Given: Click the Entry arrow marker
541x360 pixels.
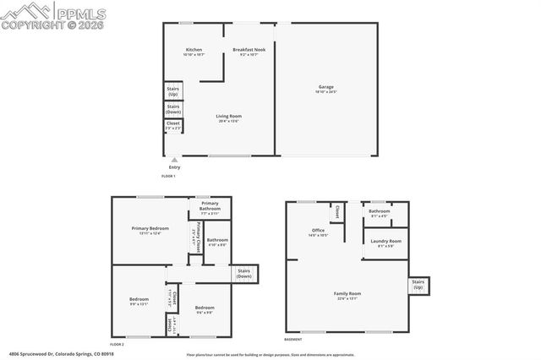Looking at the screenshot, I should [x=174, y=160].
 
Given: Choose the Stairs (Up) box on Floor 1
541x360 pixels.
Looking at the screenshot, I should [x=172, y=91].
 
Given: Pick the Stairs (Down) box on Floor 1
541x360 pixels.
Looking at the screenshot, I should [x=172, y=109].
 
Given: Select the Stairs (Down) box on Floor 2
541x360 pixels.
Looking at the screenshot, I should [x=244, y=274].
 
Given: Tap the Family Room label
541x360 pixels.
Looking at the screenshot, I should [x=347, y=295].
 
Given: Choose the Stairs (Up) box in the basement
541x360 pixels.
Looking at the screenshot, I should [x=418, y=285].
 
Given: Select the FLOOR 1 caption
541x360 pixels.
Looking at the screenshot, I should [x=168, y=176].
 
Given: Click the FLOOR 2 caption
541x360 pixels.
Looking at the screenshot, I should [x=117, y=344].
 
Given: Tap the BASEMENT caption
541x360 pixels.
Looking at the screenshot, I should [x=293, y=338].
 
